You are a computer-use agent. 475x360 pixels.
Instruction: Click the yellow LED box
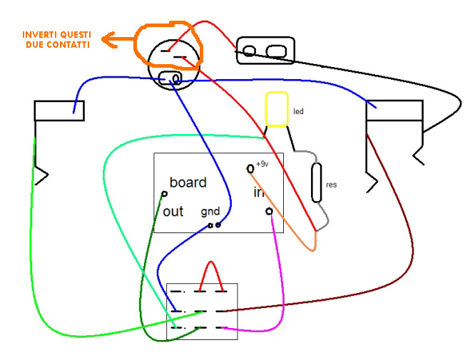(x=276, y=109)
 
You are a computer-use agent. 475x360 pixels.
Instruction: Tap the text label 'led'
(x=298, y=112)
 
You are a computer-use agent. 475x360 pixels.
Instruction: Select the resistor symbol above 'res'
(x=317, y=182)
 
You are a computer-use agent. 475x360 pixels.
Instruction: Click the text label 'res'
(x=331, y=185)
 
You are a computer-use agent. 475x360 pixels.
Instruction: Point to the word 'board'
(x=188, y=182)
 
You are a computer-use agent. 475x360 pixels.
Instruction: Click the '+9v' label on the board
(x=262, y=164)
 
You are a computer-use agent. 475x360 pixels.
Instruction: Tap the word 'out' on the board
(x=173, y=212)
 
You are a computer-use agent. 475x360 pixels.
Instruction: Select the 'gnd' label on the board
(x=210, y=212)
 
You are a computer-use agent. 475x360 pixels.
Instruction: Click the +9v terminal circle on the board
(x=250, y=169)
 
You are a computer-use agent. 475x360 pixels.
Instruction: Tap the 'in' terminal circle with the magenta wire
(x=269, y=211)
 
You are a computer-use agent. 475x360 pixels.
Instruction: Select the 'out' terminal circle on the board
(x=165, y=194)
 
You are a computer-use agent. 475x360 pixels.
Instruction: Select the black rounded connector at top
(x=264, y=51)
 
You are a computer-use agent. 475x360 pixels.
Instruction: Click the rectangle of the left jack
(x=59, y=110)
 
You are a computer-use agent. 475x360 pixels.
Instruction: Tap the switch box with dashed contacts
(x=202, y=312)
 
